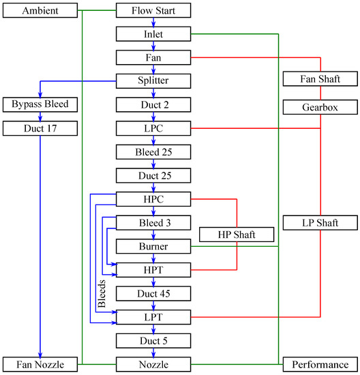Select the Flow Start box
coord(153,10)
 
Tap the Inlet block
coord(153,33)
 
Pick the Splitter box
coord(153,80)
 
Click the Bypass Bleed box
coord(40,104)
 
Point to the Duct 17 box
coord(40,127)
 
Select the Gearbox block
coord(320,107)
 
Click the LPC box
coord(153,127)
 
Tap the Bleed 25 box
coord(153,151)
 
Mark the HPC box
coord(153,198)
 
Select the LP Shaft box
coord(320,222)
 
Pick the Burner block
coord(153,245)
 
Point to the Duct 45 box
coord(153,293)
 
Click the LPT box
coord(153,317)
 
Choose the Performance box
coord(320,364)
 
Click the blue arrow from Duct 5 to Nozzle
coord(153,352)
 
